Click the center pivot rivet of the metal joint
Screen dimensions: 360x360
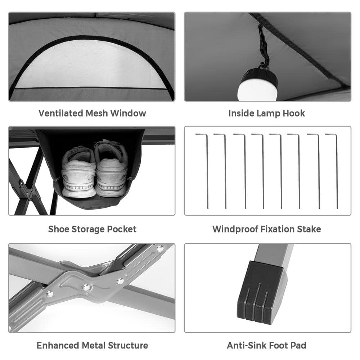pos(86,287)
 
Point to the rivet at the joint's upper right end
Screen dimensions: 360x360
pos(160,248)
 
